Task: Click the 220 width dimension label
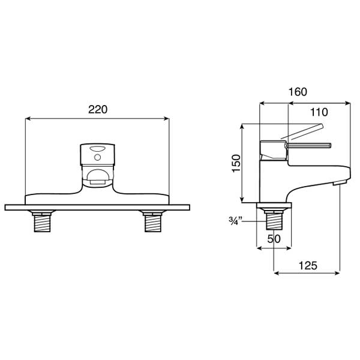click(98, 110)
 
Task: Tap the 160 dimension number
click(297, 92)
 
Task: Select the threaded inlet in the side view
click(274, 221)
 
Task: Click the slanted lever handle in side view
click(303, 131)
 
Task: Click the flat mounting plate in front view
click(97, 208)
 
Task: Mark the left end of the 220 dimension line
click(25, 118)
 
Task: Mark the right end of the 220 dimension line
click(170, 118)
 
